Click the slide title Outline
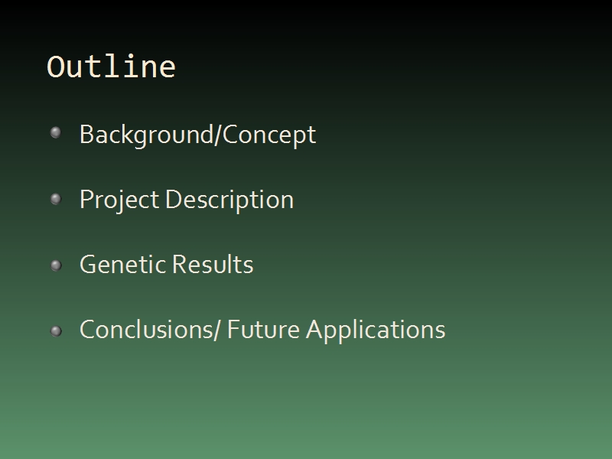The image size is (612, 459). click(x=111, y=67)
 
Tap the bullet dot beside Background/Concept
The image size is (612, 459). click(x=56, y=132)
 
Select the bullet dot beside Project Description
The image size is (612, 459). click(x=56, y=199)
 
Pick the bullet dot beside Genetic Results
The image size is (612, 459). click(x=56, y=265)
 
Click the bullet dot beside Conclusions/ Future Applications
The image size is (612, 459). click(x=56, y=331)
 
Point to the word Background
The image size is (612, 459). click(x=147, y=135)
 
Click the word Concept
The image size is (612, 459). click(x=269, y=135)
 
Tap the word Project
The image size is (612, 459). click(x=119, y=200)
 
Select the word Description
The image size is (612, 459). click(x=229, y=200)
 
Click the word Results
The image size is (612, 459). click(x=213, y=264)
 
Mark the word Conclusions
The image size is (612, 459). click(x=147, y=330)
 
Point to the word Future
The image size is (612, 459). click(x=263, y=330)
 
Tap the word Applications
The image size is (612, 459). click(x=376, y=331)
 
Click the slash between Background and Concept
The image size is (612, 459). click(x=218, y=135)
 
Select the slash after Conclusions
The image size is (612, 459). click(x=218, y=330)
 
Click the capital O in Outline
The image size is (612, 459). click(x=55, y=67)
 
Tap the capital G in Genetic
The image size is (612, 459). click(x=89, y=264)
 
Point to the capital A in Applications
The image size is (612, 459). click(x=317, y=330)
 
